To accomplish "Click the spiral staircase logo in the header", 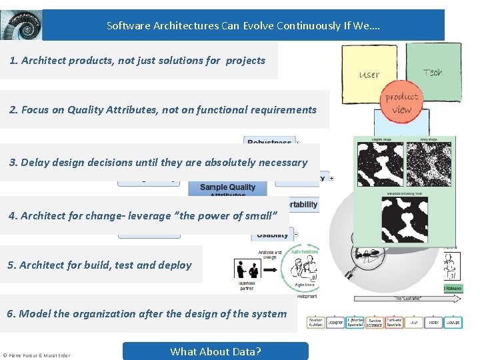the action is (21, 25).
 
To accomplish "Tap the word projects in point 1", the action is (245, 61).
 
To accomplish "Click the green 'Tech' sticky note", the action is (433, 71).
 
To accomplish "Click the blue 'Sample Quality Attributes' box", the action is (227, 188).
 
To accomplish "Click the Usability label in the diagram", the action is (273, 234).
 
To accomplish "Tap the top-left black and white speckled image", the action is (381, 164).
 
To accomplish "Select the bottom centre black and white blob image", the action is (405, 220).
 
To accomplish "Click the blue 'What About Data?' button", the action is (215, 351).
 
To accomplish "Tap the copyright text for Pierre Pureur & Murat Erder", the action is (36, 355).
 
